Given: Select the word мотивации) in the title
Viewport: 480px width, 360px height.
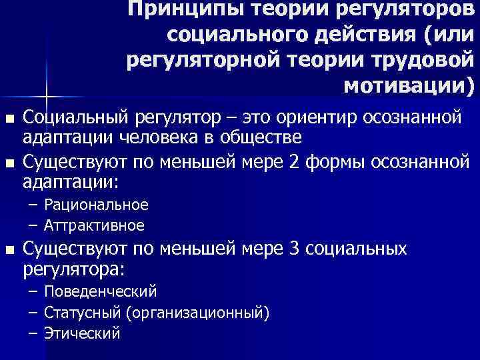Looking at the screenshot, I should point(407,86).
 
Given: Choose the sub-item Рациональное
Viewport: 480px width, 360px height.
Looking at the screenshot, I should point(96,204).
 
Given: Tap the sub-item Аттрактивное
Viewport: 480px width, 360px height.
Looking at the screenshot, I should point(94,225).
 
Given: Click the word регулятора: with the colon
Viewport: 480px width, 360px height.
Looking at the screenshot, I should point(74,269).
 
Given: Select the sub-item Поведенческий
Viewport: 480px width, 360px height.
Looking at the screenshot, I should point(101,291).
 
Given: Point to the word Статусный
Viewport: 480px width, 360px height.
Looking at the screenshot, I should point(81,313).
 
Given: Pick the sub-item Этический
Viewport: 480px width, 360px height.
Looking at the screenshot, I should point(82,333).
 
